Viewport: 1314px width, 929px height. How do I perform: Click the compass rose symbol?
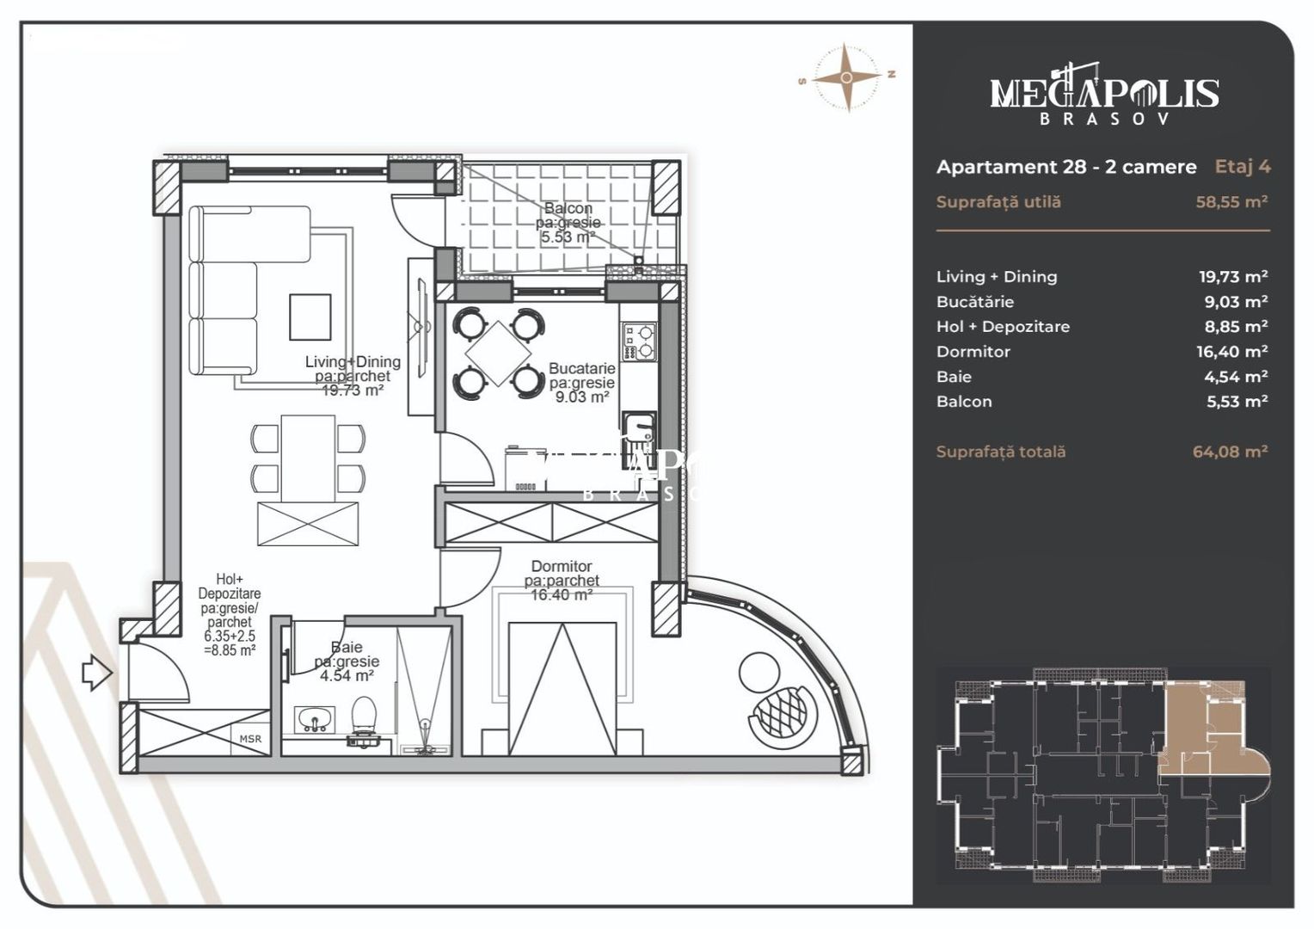point(847,77)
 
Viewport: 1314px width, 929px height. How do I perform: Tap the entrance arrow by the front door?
point(96,673)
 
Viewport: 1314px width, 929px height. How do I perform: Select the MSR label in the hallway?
point(250,739)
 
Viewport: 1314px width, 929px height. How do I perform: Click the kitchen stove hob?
point(640,341)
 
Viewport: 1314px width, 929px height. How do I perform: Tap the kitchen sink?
point(637,428)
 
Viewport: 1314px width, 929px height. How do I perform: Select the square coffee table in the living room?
point(310,317)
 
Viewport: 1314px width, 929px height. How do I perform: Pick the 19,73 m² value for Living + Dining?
point(1233,277)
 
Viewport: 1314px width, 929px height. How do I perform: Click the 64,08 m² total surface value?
point(1230,452)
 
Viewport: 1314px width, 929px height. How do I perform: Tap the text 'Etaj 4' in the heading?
point(1242,167)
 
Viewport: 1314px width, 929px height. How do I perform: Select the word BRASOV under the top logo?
point(1104,120)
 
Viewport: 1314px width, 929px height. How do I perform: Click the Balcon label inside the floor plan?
point(568,209)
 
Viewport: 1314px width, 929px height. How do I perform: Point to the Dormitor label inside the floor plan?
point(562,567)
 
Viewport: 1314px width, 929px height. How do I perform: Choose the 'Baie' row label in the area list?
point(954,377)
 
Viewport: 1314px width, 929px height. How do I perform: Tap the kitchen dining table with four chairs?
point(498,353)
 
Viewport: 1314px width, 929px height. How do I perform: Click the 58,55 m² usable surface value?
point(1231,202)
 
